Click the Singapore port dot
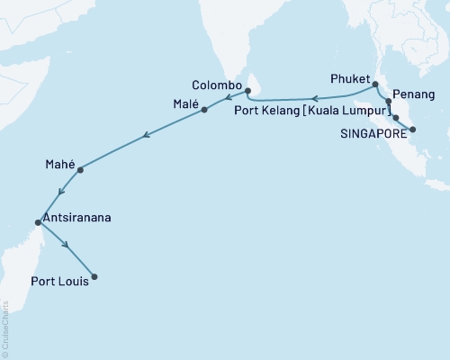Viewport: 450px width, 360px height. pyautogui.click(x=412, y=130)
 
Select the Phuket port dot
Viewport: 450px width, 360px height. pyautogui.click(x=374, y=84)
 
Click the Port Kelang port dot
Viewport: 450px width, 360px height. pyautogui.click(x=396, y=117)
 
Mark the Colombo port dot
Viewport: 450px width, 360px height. pyautogui.click(x=247, y=91)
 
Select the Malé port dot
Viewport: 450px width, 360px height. pyautogui.click(x=205, y=110)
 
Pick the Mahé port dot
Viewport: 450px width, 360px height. pyautogui.click(x=81, y=169)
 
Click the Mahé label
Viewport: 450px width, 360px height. pyautogui.click(x=59, y=165)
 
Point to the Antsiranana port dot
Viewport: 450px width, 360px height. pyautogui.click(x=37, y=222)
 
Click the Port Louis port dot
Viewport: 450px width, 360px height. pyautogui.click(x=94, y=276)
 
